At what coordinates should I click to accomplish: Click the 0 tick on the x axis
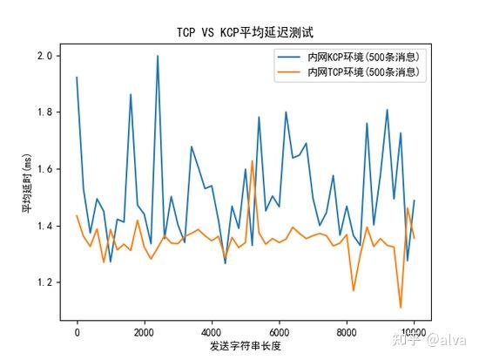click(x=77, y=330)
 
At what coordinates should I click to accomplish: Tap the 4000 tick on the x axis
click(x=212, y=330)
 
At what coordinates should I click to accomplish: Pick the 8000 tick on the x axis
click(x=347, y=330)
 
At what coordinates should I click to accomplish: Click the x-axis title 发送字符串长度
click(x=246, y=347)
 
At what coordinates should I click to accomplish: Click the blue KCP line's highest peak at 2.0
click(x=158, y=56)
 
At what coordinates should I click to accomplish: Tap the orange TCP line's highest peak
click(x=252, y=161)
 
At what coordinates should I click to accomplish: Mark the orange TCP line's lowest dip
click(x=401, y=308)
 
